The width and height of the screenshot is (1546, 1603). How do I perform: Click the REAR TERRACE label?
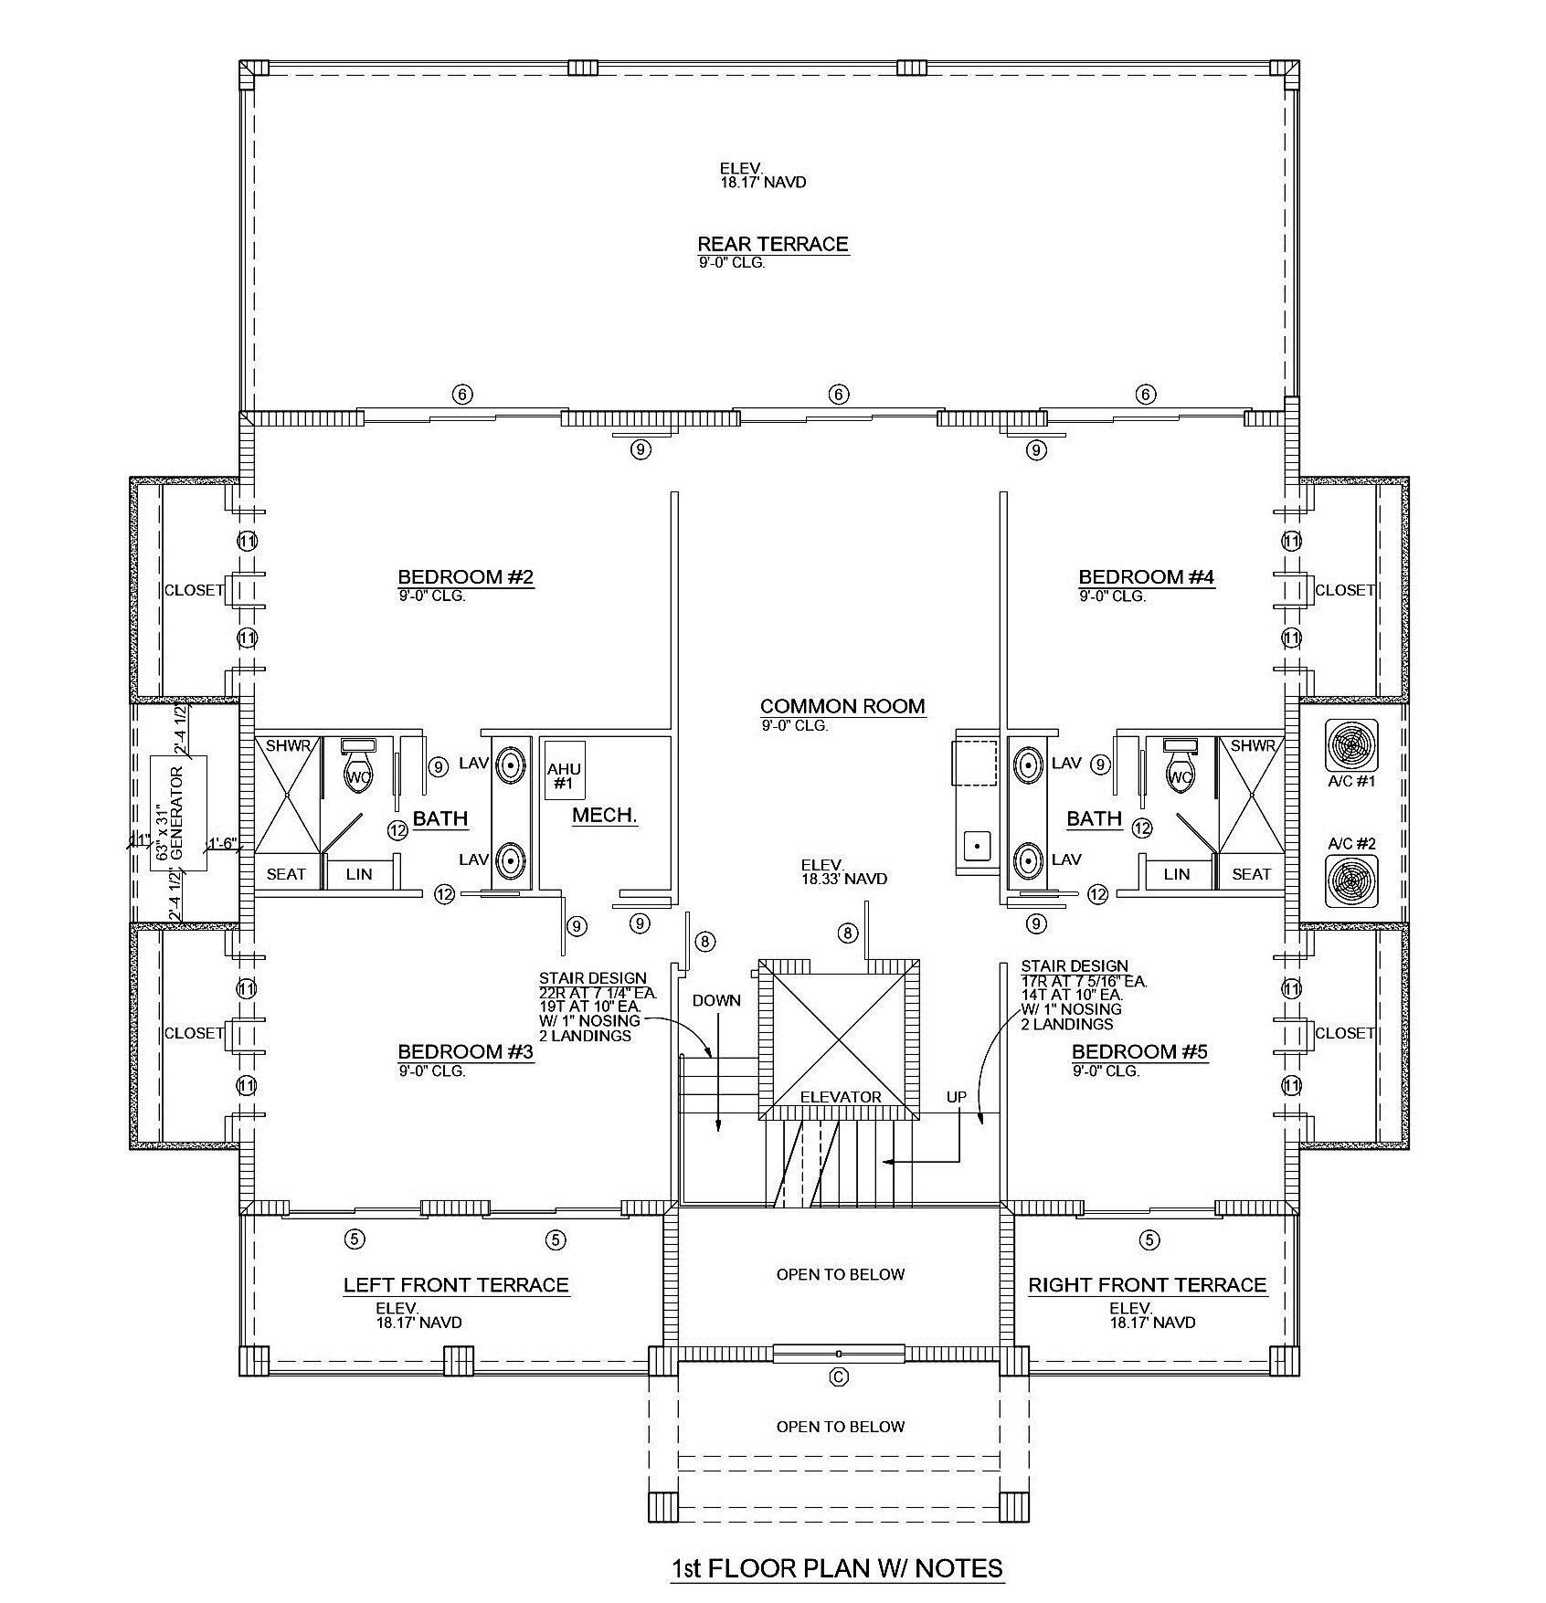pyautogui.click(x=773, y=244)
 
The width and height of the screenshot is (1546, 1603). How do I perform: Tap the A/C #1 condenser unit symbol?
pyautogui.click(x=1350, y=744)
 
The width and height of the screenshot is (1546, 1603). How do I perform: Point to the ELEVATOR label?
pyautogui.click(x=841, y=1097)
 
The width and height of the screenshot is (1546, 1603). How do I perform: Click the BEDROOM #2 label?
pyautogui.click(x=465, y=576)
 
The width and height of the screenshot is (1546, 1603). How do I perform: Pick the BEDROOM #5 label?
pyautogui.click(x=1139, y=1051)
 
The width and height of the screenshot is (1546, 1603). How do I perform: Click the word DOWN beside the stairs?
pyautogui.click(x=716, y=1000)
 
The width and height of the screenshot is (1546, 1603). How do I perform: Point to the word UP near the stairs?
pyautogui.click(x=956, y=1097)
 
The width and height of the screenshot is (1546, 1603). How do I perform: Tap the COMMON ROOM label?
pyautogui.click(x=842, y=706)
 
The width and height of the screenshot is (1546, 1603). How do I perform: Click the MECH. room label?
pyautogui.click(x=604, y=816)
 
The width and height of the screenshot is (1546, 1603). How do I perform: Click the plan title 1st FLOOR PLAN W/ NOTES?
pyautogui.click(x=837, y=1568)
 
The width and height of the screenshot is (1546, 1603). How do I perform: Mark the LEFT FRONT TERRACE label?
pyautogui.click(x=456, y=1285)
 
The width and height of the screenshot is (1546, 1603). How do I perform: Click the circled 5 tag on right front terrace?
pyautogui.click(x=1149, y=1239)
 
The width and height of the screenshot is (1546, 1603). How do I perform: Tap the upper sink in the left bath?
pyautogui.click(x=510, y=765)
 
